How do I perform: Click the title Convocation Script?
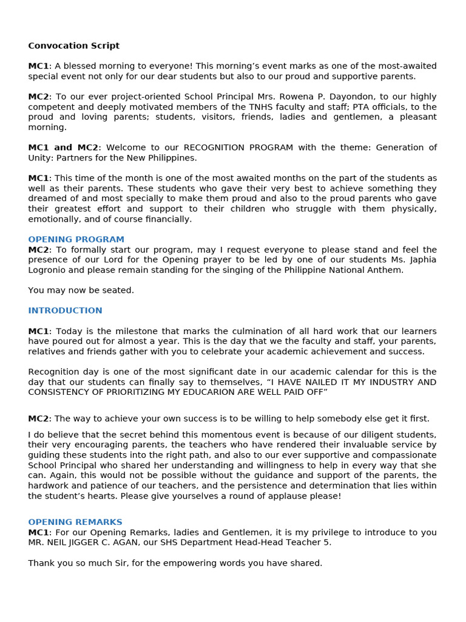73,46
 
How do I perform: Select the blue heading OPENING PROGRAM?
76,239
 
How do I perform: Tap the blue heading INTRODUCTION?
65,310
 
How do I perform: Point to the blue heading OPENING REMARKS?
75,522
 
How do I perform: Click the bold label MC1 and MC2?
63,148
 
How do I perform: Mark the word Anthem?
387,270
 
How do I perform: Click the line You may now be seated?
81,290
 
